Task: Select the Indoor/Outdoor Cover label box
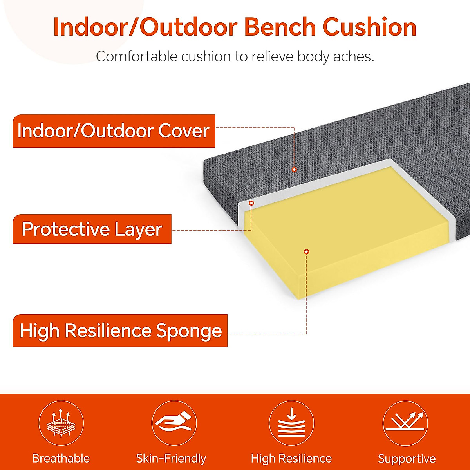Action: click(x=114, y=131)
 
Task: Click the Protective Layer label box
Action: click(x=92, y=229)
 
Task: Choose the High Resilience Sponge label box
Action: click(x=120, y=331)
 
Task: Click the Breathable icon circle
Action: click(x=61, y=423)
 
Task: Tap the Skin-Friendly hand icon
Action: click(x=174, y=423)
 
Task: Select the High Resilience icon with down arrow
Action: click(x=291, y=423)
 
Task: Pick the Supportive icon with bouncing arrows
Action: click(x=405, y=423)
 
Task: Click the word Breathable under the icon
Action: click(x=61, y=458)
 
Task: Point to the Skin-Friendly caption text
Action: click(x=171, y=458)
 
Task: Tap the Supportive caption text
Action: click(x=407, y=459)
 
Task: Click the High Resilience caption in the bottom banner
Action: click(x=291, y=458)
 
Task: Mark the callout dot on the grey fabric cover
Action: click(x=294, y=170)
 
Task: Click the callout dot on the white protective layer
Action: click(x=251, y=203)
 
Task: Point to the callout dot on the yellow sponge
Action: click(x=307, y=251)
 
